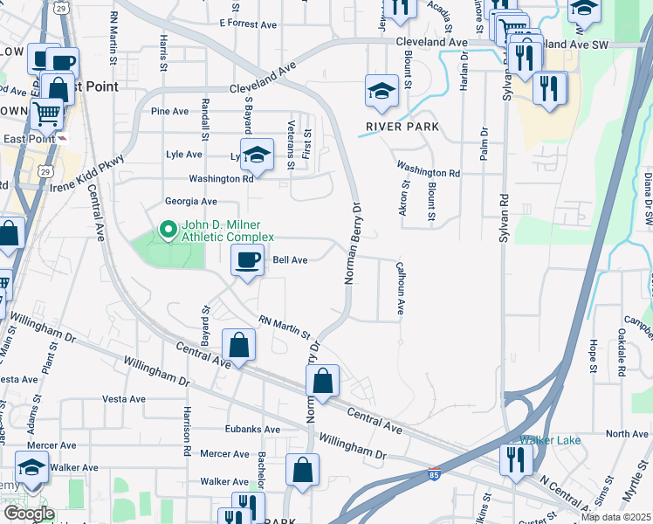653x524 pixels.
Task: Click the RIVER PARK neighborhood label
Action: coord(402,127)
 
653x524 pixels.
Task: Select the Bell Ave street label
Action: coord(290,260)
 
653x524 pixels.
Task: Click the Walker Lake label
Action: coord(545,440)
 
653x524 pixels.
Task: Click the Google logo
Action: coord(29,514)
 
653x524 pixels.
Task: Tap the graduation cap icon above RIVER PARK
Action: coord(381,91)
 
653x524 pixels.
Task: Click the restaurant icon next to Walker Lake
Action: coord(516,458)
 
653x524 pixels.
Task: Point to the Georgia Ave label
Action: coord(190,202)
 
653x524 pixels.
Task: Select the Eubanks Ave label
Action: coord(251,430)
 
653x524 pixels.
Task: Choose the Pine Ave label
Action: coord(169,112)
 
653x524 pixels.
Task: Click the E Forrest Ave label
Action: coord(248,24)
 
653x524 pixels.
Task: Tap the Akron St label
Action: coord(404,200)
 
